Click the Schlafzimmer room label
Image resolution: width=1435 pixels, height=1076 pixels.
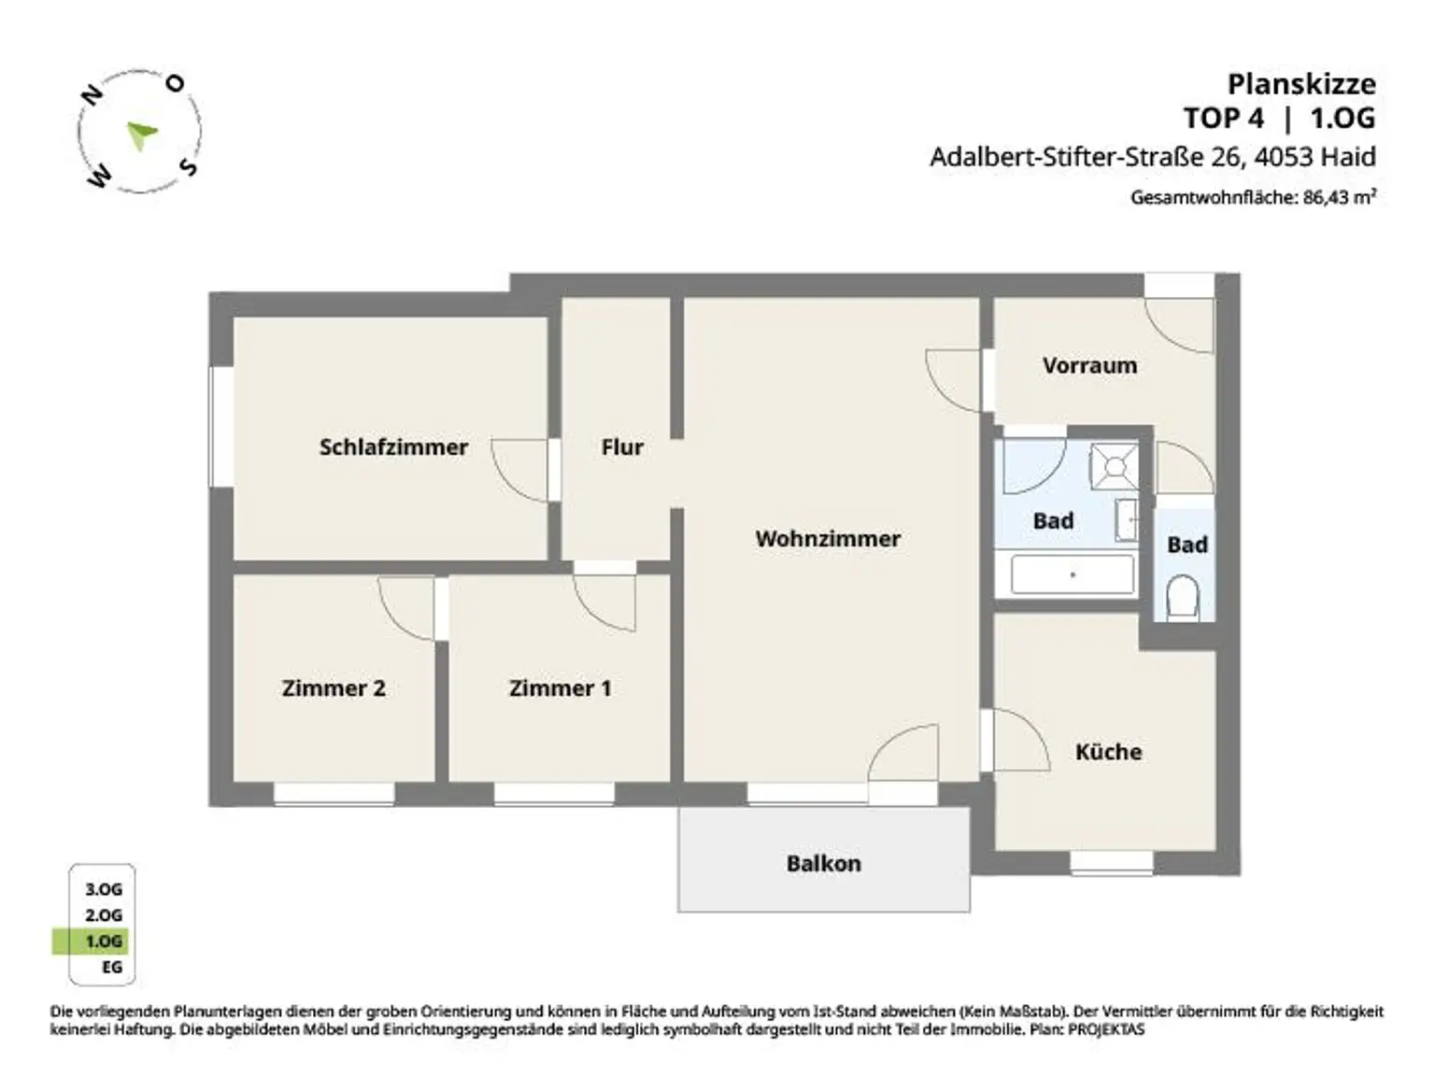[393, 446]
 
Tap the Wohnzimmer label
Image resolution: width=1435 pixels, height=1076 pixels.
[828, 538]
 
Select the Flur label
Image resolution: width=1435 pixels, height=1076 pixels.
[622, 446]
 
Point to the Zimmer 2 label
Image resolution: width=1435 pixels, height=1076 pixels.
[334, 688]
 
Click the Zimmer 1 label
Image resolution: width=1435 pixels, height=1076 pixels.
[561, 688]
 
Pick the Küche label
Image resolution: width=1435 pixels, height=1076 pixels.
[1109, 751]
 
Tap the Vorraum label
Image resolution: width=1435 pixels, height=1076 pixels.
[1090, 365]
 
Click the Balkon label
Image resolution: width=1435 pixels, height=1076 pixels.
[824, 864]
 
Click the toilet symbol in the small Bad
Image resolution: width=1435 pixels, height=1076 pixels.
[1183, 596]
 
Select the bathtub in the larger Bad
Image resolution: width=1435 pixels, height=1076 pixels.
[1073, 575]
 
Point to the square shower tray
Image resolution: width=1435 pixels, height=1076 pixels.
[1114, 466]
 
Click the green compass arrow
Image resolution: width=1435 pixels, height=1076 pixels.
[141, 134]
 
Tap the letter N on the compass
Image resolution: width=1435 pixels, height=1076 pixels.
[92, 95]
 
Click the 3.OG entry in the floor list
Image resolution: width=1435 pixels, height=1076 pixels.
[104, 889]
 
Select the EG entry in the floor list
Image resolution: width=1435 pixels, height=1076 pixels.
[112, 968]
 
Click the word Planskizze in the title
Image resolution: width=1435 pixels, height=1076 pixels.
[1301, 85]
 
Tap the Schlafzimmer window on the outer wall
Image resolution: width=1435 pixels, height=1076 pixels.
[221, 427]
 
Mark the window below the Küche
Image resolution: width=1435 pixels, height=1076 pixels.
[1112, 863]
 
